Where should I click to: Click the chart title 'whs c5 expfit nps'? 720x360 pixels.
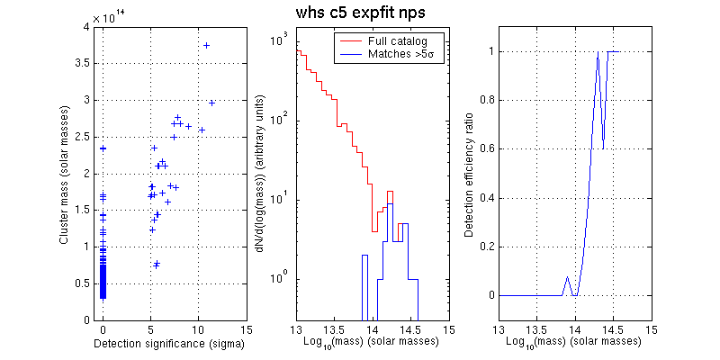pos(362,14)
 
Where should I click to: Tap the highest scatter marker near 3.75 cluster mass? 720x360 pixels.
pos(207,45)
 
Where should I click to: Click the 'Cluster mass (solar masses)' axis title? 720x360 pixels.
pos(64,174)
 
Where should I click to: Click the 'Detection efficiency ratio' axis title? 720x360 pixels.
pos(469,174)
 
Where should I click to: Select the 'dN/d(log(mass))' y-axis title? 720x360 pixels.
pos(260,174)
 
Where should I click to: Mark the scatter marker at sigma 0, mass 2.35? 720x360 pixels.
pos(103,148)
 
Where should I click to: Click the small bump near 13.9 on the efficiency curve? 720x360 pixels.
pos(567,278)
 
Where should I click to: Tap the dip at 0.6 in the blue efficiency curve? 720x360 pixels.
pos(603,148)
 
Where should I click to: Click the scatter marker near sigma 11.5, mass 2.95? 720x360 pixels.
pos(212,103)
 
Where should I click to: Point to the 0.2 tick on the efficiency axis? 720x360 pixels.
pos(485,247)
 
